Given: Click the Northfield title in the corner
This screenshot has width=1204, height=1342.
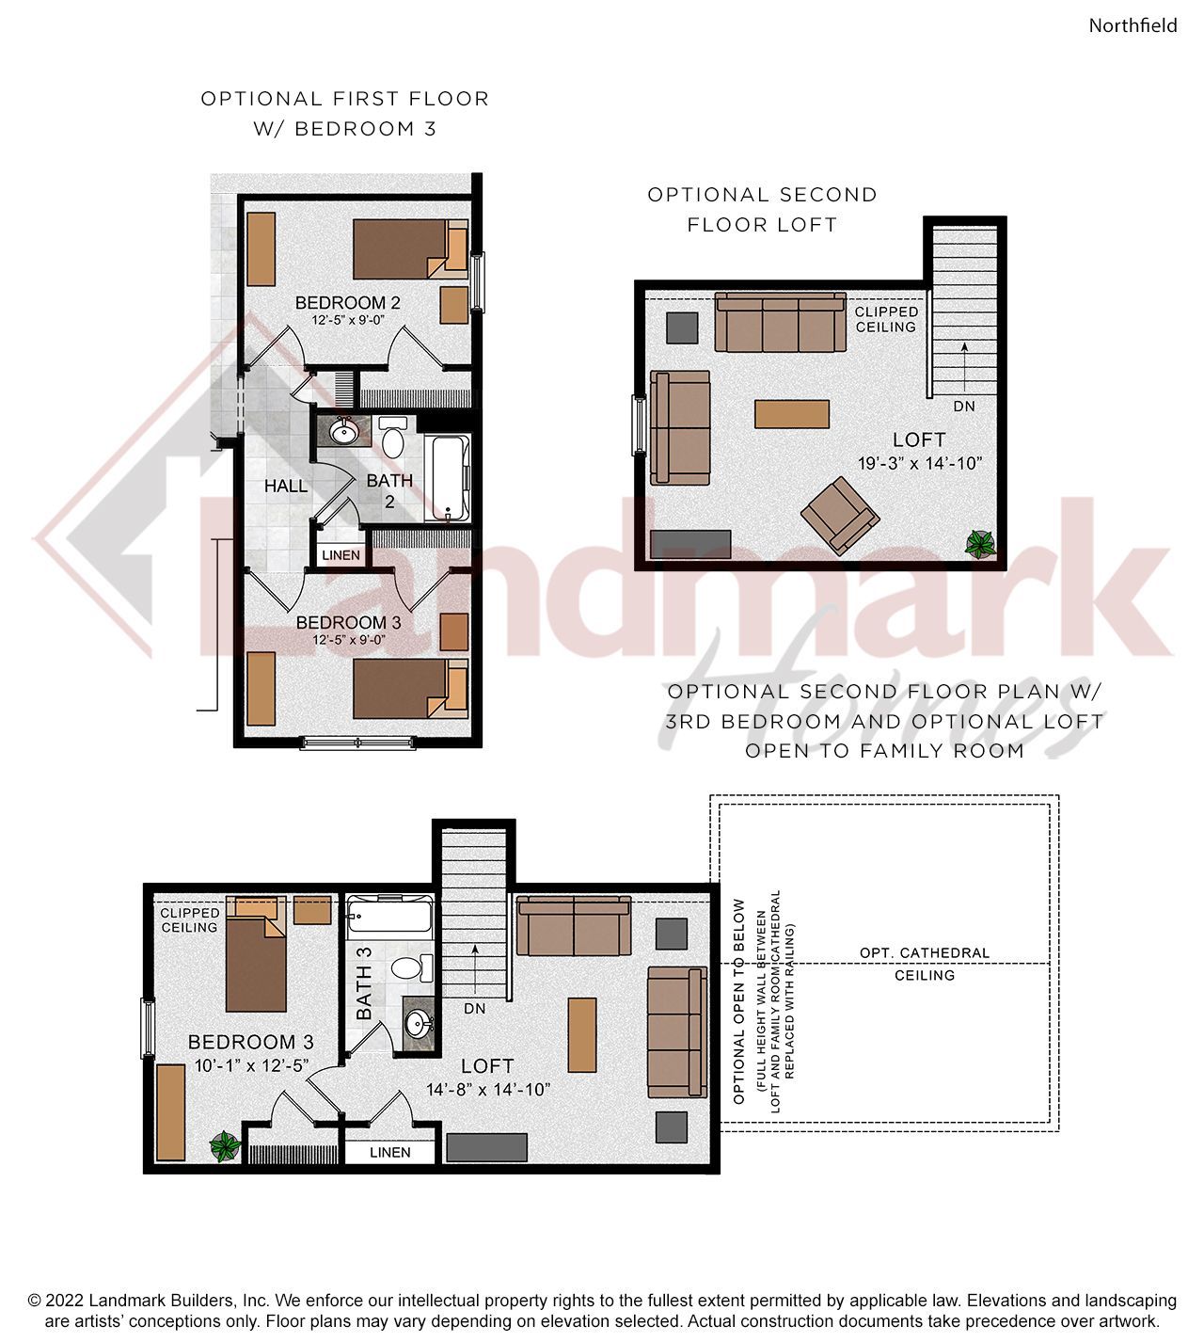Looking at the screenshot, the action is point(1133,25).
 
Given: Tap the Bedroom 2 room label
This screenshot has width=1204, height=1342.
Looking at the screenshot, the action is point(348,303).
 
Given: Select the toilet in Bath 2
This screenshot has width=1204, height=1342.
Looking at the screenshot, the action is point(393,437).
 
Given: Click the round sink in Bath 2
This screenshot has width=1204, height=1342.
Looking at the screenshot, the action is point(343,433).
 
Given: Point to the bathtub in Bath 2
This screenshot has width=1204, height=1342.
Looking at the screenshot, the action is point(451,478).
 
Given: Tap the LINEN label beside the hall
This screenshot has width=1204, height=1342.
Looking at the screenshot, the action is point(341,555).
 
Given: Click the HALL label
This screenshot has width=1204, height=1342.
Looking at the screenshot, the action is point(285,487).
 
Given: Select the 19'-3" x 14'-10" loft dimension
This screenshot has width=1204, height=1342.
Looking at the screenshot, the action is point(920,464).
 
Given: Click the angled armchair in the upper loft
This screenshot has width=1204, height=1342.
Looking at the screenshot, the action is point(840,516).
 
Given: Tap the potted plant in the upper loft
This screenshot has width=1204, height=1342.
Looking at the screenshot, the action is point(980,545).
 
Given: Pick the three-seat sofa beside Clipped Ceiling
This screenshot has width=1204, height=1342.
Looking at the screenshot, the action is point(780,322).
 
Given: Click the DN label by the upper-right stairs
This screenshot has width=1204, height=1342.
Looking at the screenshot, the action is point(964,407).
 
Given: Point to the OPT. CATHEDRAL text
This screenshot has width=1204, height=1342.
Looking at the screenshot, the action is point(925,953).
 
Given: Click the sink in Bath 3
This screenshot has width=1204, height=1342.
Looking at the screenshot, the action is point(418,1024).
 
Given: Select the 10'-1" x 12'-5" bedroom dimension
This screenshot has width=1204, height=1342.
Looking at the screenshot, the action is point(251,1065).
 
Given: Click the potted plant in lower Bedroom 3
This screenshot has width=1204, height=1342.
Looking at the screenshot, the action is point(225,1146).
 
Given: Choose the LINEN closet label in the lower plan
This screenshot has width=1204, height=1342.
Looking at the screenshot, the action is point(390,1153).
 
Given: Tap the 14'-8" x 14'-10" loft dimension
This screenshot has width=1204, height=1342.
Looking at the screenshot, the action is point(488,1090).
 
